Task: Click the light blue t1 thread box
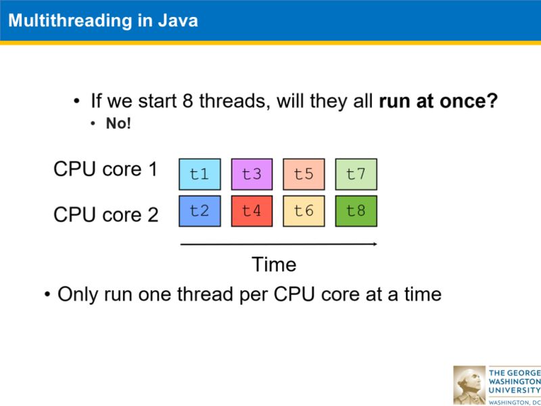(x=199, y=174)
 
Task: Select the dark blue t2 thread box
(x=199, y=210)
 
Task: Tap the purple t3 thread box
(x=252, y=174)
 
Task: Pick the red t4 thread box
(x=252, y=210)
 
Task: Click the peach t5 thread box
(x=304, y=174)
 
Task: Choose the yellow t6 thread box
(x=304, y=210)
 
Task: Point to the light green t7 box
(x=356, y=174)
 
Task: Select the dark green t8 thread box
(x=356, y=210)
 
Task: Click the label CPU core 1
(x=105, y=169)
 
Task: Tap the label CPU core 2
(x=105, y=215)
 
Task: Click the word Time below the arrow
(x=274, y=264)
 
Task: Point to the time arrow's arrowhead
(x=373, y=244)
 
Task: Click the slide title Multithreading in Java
(x=103, y=20)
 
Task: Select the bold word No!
(x=118, y=124)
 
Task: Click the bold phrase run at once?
(x=438, y=101)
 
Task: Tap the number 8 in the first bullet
(x=189, y=101)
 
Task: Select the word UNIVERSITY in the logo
(x=515, y=390)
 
